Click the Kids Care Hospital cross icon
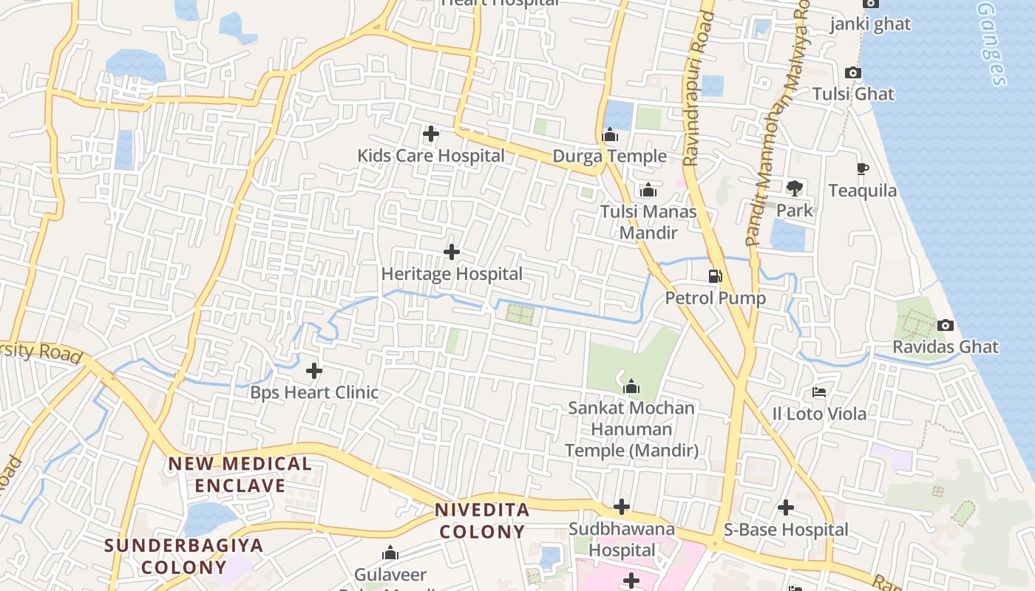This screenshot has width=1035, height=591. click(431, 134)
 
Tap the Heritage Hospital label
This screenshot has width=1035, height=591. click(452, 274)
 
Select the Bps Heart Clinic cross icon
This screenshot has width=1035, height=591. click(314, 371)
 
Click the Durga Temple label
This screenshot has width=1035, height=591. click(610, 157)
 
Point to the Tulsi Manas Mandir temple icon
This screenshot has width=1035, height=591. click(648, 191)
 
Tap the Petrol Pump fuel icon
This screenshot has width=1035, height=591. click(715, 276)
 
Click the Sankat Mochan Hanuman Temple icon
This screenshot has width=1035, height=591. click(631, 386)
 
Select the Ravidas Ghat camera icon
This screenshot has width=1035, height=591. click(945, 326)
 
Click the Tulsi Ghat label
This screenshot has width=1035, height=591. click(853, 95)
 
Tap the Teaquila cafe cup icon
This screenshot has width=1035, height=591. click(862, 169)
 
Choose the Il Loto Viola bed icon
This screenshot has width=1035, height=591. click(819, 392)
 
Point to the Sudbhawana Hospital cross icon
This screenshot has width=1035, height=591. click(622, 508)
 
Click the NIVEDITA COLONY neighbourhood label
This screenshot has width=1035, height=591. click(482, 521)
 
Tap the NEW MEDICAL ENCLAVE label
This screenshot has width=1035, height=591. click(240, 475)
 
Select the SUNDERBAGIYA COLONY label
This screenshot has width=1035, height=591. click(184, 556)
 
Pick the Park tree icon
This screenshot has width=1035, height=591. click(795, 188)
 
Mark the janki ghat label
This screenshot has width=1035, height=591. click(869, 24)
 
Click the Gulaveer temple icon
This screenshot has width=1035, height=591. click(390, 553)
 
